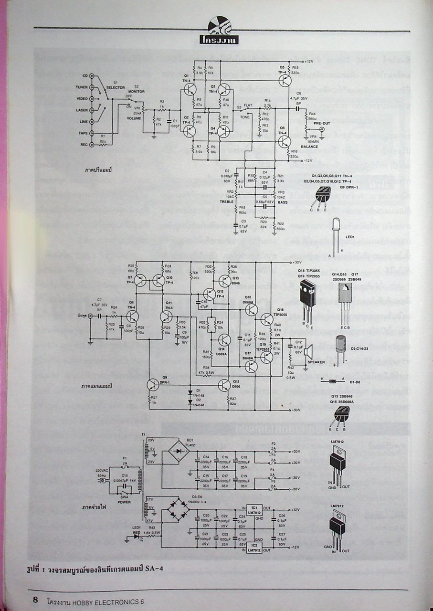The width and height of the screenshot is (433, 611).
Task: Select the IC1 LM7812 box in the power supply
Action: click(254, 514)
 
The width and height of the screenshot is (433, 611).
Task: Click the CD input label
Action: click(85, 75)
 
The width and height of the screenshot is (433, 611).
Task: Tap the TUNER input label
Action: click(81, 87)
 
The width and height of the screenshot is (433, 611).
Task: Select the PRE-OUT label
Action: click(321, 123)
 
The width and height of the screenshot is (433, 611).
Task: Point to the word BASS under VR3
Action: click(283, 202)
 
